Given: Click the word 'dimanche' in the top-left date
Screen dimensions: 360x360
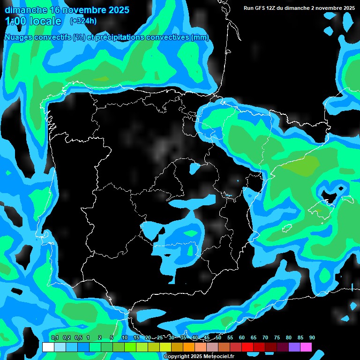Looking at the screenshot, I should [26, 10].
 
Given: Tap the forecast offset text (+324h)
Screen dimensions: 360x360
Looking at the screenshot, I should [83, 21].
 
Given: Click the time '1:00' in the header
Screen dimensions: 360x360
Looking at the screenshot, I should [15, 21].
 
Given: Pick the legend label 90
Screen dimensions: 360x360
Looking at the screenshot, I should [312, 337].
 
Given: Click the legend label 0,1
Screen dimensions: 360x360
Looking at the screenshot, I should [55, 337].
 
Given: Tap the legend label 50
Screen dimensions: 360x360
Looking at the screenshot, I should [218, 337].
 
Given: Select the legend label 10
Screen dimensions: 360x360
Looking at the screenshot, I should [125, 337].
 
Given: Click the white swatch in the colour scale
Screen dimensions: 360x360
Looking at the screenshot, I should [48, 347].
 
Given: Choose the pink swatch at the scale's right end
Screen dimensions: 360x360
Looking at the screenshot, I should [306, 347].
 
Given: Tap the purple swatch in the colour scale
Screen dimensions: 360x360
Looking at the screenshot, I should [294, 347].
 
